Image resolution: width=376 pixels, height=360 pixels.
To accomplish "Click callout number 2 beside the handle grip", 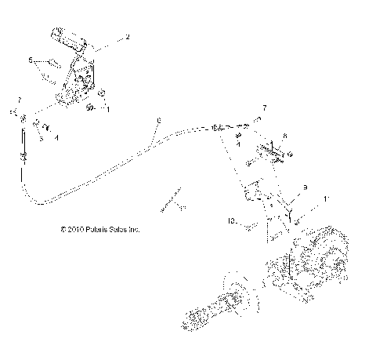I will (127, 37).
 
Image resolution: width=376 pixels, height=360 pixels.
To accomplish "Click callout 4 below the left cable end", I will (56, 136).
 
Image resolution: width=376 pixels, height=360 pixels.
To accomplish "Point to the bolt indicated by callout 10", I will (250, 226).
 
